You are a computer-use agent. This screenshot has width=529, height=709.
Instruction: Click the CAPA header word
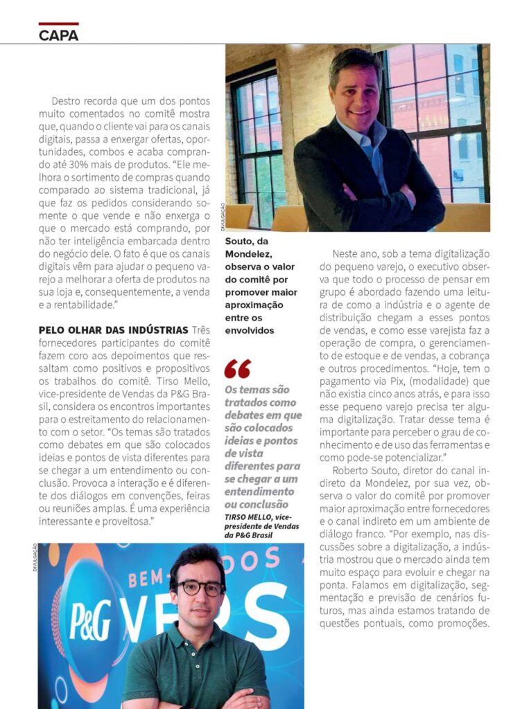click(59, 35)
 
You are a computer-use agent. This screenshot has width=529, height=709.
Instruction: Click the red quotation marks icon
click(237, 369)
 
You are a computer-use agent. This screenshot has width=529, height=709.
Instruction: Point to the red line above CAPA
click(58, 24)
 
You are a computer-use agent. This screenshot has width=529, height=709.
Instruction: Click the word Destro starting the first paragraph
click(68, 100)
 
